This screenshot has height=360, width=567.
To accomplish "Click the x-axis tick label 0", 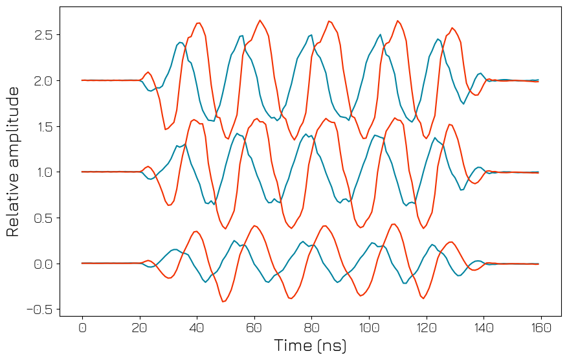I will [x=82, y=328].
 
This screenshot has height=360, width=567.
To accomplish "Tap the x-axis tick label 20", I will [x=140, y=328].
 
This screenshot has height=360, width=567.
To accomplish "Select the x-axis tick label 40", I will [x=197, y=328].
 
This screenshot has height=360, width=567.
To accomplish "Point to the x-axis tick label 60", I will [x=254, y=328].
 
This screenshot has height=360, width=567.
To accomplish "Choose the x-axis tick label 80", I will [x=312, y=328].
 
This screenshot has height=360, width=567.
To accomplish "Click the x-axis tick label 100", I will [x=369, y=328].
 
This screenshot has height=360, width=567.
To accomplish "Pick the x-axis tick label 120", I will [x=427, y=328].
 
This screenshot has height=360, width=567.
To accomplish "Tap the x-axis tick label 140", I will [x=484, y=328].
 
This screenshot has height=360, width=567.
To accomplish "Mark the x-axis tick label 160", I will [x=541, y=328].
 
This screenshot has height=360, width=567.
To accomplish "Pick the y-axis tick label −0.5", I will [x=39, y=309].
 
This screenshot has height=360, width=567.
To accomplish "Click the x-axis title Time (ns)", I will [x=310, y=346].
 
